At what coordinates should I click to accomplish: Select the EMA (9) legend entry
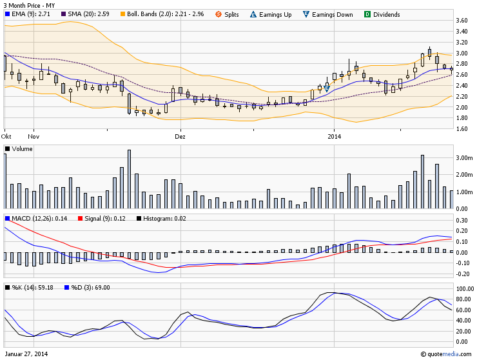30,14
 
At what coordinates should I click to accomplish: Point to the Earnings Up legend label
275,14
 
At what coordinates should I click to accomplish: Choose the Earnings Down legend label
332,14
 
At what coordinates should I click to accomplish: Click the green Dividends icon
367,14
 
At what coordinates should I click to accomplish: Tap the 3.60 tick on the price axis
461,21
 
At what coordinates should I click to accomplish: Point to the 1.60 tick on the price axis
461,128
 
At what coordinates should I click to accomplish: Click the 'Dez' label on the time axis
180,137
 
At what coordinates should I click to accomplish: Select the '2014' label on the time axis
334,137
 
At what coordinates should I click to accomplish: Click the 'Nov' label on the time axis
34,137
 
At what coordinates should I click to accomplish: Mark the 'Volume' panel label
22,149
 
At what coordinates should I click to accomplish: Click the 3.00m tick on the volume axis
463,157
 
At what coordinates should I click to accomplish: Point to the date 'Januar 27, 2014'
26,354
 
